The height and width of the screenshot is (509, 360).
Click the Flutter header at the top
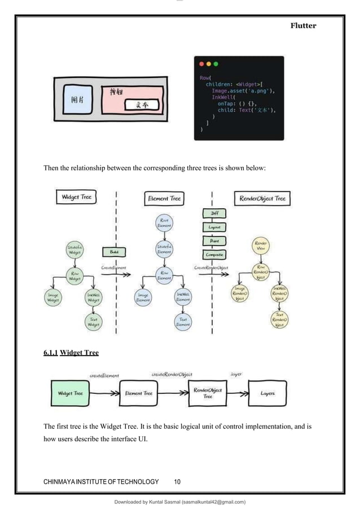click(304, 25)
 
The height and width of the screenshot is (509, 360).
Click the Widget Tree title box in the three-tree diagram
click(76, 198)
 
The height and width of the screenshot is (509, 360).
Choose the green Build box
click(111, 252)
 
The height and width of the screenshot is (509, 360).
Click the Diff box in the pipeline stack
click(214, 214)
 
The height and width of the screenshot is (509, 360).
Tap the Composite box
click(214, 254)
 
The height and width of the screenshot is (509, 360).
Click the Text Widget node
click(94, 322)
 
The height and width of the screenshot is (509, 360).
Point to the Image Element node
click(144, 297)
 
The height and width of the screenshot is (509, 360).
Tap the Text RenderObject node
click(279, 320)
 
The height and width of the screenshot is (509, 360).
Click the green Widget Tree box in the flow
click(71, 393)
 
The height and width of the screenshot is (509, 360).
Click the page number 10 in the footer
click(177, 481)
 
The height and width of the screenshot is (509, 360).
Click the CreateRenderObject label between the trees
click(212, 267)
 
